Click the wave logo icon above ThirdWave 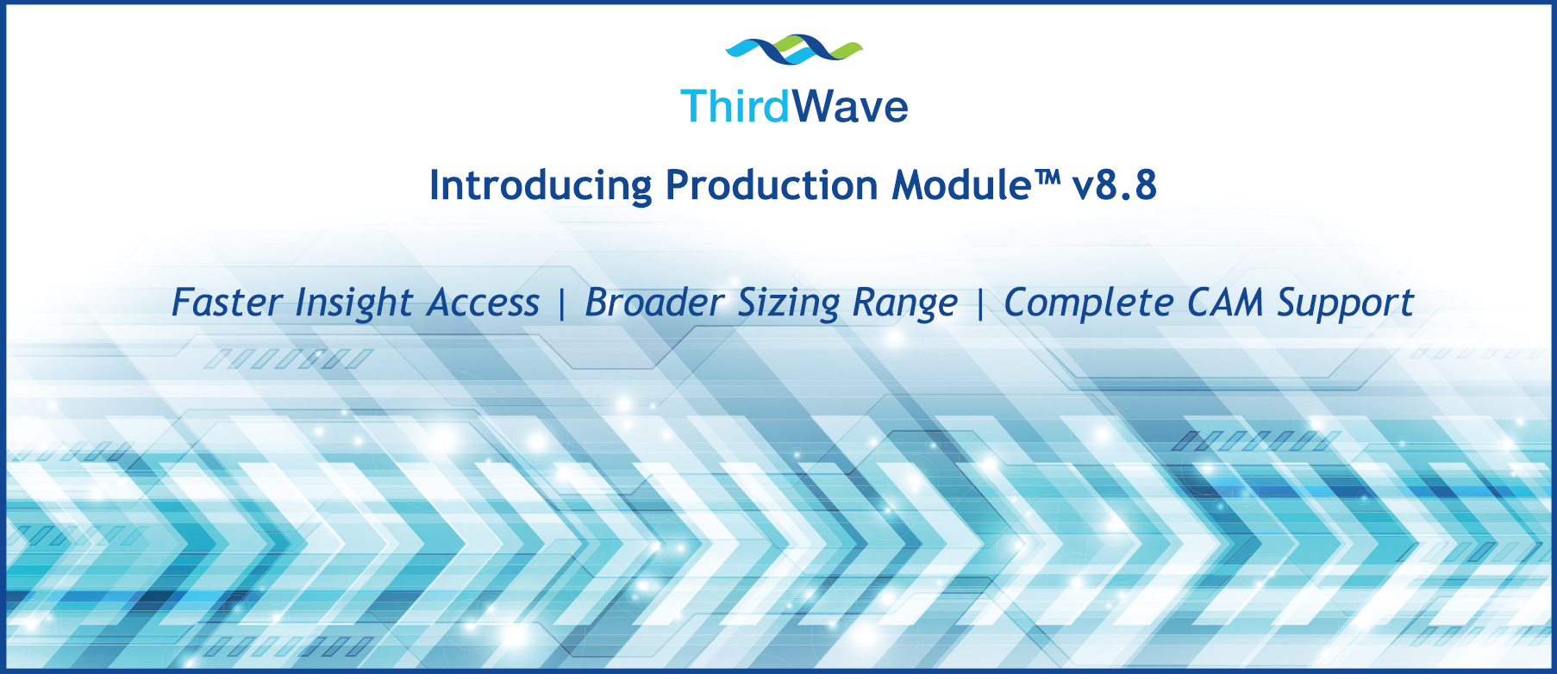click(x=793, y=51)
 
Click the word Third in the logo click(x=735, y=107)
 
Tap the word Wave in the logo click(x=850, y=107)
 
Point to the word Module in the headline click(x=961, y=185)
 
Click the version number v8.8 click(x=1114, y=185)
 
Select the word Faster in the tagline click(x=227, y=303)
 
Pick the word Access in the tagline click(x=484, y=303)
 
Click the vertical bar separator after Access click(x=562, y=303)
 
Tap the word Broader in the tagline click(x=654, y=303)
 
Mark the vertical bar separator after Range click(x=980, y=303)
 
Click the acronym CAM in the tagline click(x=1225, y=303)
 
